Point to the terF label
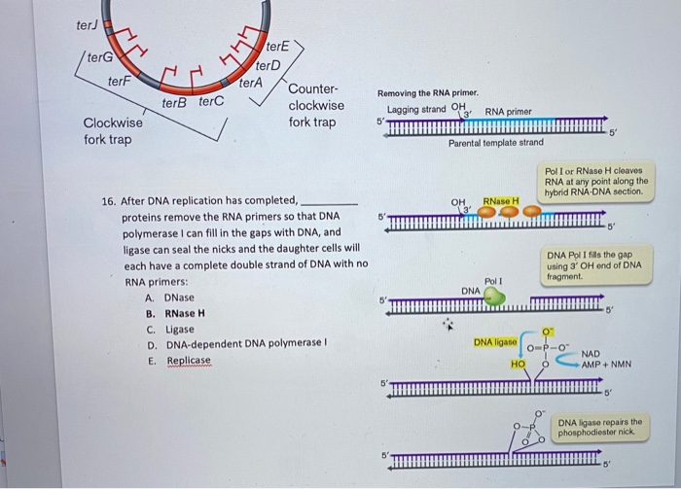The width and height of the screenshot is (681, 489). tap(120, 82)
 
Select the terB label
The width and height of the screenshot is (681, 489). tap(175, 101)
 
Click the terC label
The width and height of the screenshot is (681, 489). tap(211, 101)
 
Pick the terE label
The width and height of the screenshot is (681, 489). tap(277, 46)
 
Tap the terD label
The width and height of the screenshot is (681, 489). tap(268, 65)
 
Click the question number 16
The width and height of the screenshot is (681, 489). tap(109, 201)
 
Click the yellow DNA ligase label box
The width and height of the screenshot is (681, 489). tap(495, 342)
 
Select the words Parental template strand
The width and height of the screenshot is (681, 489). tap(495, 143)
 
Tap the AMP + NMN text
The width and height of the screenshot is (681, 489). tap(607, 365)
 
